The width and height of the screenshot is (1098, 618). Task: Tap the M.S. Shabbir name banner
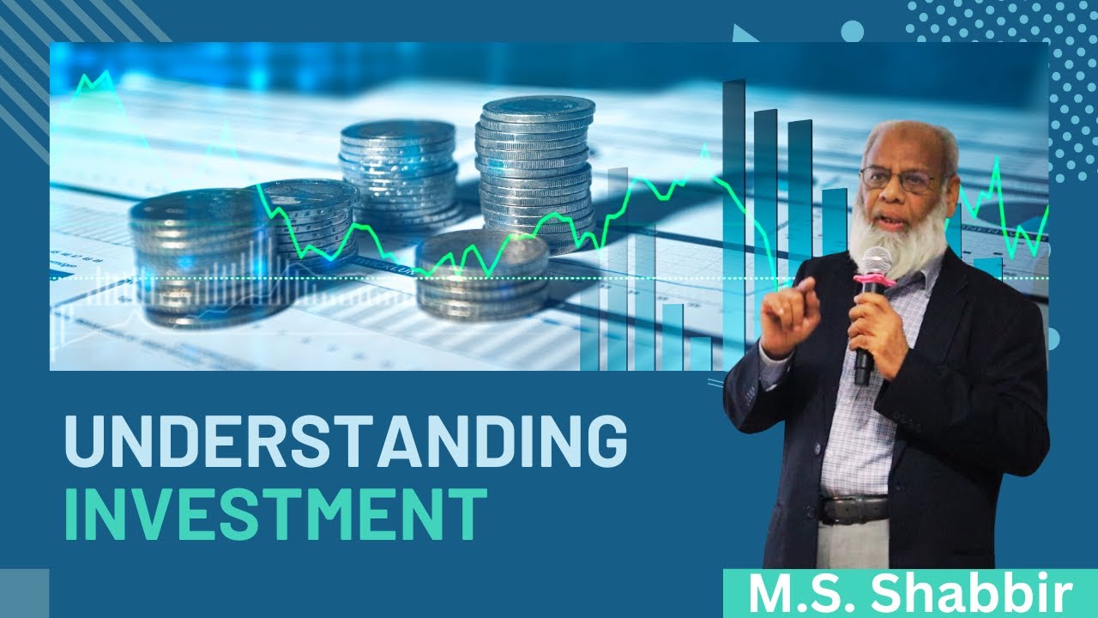click(x=910, y=594)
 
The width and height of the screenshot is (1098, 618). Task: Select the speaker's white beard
click(x=896, y=236)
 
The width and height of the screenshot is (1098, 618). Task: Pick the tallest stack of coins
click(x=536, y=167)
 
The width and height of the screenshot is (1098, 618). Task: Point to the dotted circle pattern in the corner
click(x=1012, y=69)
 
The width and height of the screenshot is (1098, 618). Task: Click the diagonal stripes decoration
click(x=51, y=51)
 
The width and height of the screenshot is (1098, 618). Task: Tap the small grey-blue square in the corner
click(x=24, y=593)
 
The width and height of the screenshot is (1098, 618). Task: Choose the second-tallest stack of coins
click(x=398, y=172)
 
